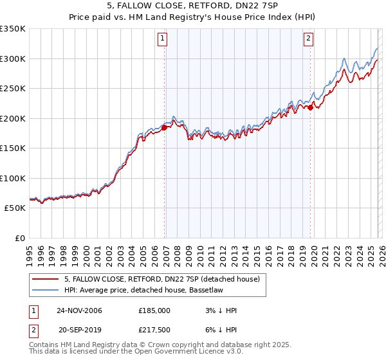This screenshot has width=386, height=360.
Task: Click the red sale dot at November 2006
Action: point(164,127)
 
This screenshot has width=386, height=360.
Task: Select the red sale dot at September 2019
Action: point(310,108)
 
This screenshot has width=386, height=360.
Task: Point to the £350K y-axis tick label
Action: point(13,29)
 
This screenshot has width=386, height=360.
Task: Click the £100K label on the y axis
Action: point(13,178)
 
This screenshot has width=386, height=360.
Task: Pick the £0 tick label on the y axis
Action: point(19,238)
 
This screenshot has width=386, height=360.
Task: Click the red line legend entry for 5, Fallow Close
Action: point(161,279)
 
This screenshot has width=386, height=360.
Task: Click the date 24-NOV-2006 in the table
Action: point(79,310)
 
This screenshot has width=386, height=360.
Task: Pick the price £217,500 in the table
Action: point(154,328)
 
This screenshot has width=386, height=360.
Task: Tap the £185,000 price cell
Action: point(154,310)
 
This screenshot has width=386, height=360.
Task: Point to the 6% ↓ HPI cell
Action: point(219,328)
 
